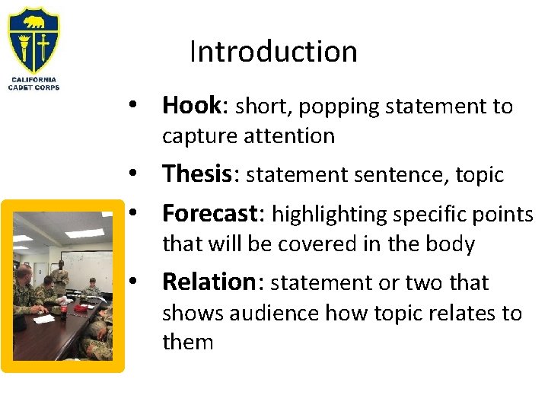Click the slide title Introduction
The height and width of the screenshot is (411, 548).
(x=273, y=52)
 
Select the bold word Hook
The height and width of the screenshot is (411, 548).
(x=191, y=106)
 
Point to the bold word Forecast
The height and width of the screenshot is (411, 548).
(x=211, y=214)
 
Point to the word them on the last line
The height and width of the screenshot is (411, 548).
(x=187, y=342)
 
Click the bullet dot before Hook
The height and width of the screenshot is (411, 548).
(x=132, y=107)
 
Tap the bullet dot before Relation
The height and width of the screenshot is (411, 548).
(x=132, y=282)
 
